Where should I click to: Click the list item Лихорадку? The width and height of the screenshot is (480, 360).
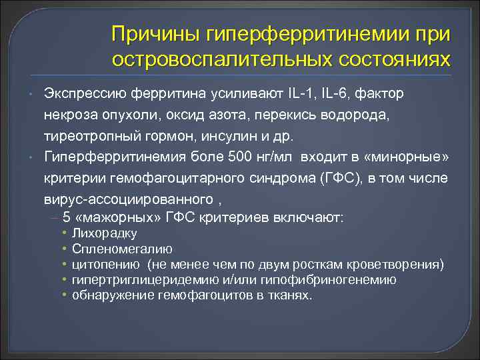105,233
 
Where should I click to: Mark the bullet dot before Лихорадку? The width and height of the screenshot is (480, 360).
64,233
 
